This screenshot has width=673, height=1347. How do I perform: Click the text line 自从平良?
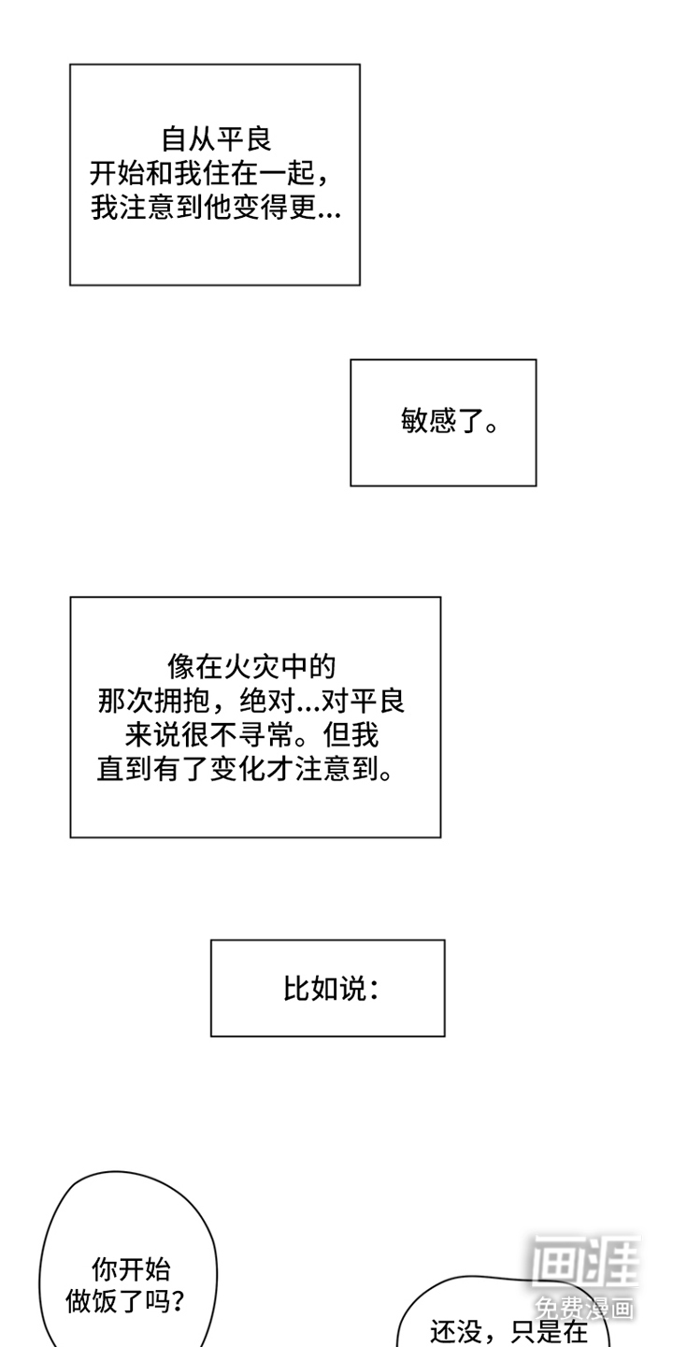point(216,139)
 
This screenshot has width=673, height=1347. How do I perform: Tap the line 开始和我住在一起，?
point(216,174)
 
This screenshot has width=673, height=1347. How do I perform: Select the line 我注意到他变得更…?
point(216,208)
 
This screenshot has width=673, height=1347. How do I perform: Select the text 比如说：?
point(331,989)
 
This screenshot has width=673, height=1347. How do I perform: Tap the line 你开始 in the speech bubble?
point(131,1268)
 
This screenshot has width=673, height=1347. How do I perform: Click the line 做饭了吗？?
point(125,1301)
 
